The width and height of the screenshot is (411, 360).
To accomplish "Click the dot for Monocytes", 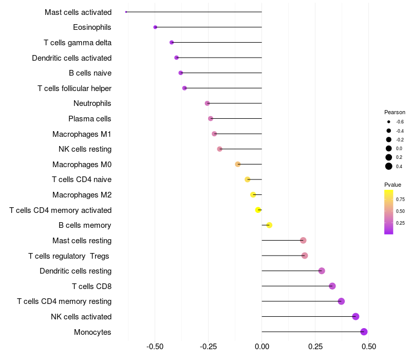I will [x=364, y=332].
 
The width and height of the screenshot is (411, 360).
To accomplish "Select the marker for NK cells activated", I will [x=356, y=317].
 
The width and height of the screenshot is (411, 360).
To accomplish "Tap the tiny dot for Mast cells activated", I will [x=126, y=12].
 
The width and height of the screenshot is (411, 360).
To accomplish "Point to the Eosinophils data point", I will [x=155, y=27].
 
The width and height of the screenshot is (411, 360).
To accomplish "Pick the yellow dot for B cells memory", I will [x=269, y=225].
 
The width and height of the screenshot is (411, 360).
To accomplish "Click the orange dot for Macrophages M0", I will [x=238, y=164].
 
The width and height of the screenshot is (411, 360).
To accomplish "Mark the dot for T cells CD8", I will [x=332, y=286].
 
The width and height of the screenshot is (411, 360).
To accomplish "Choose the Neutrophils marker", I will [x=208, y=103].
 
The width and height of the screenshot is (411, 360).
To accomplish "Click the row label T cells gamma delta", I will [x=78, y=43].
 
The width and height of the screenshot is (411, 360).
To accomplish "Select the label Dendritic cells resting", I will [x=76, y=271].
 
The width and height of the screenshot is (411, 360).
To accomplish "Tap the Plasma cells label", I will [x=90, y=119].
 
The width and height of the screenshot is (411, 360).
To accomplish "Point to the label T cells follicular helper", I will [x=74, y=88].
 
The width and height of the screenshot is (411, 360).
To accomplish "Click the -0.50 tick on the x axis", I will [x=155, y=347].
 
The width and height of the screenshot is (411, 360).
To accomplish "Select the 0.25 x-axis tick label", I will [x=315, y=347].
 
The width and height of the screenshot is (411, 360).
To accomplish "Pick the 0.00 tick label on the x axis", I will [x=261, y=347].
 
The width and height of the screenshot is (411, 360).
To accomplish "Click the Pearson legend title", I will [x=395, y=112].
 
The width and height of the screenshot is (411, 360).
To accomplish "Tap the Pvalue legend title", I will [x=393, y=185].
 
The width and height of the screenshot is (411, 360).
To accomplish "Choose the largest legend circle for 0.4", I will [x=389, y=166].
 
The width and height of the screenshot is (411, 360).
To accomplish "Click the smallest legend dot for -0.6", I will [x=389, y=122].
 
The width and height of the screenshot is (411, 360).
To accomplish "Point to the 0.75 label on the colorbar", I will [x=400, y=199].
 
